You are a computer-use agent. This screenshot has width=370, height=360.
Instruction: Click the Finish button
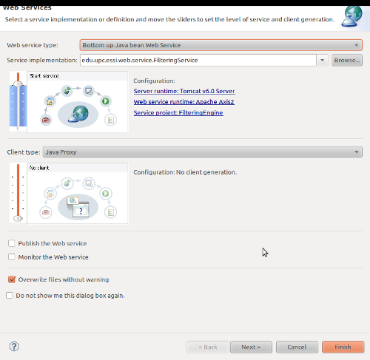point(343,347)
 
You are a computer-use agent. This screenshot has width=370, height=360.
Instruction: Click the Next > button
point(251,347)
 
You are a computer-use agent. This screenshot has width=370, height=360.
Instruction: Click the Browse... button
point(347,60)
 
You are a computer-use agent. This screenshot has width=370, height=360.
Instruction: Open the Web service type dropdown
point(221,45)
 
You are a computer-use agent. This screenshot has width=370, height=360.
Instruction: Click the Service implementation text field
point(198,60)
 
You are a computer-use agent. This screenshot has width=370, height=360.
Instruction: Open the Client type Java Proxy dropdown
point(203,152)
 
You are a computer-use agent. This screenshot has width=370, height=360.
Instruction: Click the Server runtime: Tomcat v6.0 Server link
point(184,91)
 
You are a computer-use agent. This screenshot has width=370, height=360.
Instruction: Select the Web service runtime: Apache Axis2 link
point(184,102)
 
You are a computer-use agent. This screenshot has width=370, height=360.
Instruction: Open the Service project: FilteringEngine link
point(178,113)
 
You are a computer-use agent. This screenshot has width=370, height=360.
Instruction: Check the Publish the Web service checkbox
point(12,243)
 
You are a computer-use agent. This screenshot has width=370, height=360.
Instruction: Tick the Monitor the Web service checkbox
point(12,257)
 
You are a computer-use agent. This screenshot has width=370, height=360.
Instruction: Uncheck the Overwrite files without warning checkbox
point(12,279)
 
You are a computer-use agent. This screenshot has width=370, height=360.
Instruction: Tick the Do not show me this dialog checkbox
point(10,295)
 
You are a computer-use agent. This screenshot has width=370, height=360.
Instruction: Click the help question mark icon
point(14,347)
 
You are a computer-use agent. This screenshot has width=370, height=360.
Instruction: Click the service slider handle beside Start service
point(18,84)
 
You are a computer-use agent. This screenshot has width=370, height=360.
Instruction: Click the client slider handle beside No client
point(18,218)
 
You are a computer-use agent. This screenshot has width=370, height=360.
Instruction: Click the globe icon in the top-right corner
point(352,16)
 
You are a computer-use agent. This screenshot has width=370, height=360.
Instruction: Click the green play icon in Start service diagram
point(106,101)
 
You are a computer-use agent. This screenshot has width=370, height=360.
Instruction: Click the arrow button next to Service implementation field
point(322,60)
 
